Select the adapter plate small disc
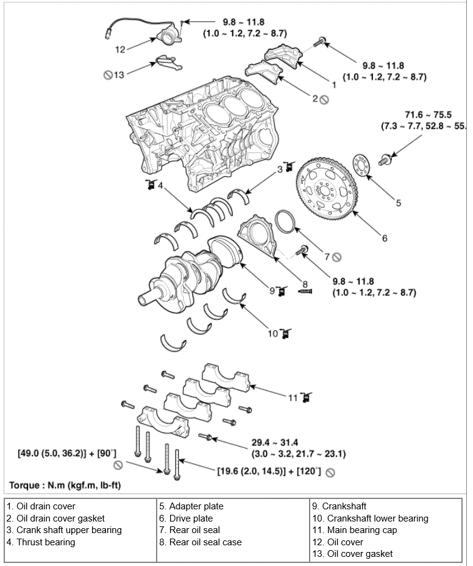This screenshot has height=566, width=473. tap(363, 167)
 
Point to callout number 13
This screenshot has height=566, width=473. tap(119, 75)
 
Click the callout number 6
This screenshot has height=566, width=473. tap(385, 238)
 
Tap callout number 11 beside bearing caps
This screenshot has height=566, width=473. tap(293, 398)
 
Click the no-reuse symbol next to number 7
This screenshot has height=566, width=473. tap(336, 256)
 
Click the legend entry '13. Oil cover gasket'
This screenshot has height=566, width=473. tap(352, 554)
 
